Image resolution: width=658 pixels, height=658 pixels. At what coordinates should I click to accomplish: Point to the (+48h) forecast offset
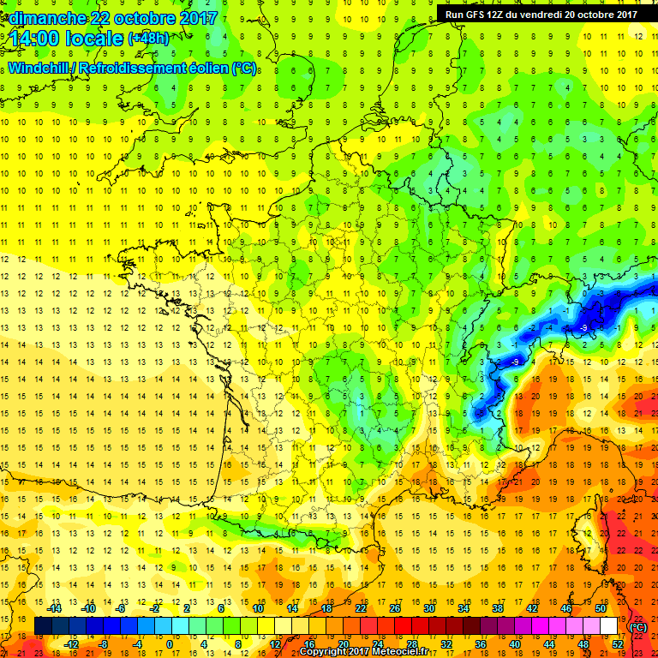coord(148,39)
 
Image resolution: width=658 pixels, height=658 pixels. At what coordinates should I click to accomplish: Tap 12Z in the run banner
coord(502,14)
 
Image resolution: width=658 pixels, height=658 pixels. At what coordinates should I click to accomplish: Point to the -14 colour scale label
coord(54,607)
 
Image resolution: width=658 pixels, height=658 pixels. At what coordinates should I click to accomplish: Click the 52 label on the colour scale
coord(617,645)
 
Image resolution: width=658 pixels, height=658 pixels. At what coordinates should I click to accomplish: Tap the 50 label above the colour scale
coord(600,607)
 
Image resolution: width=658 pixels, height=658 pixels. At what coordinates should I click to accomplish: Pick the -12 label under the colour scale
coord(71,645)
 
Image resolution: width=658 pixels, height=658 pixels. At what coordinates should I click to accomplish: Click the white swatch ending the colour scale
coord(608,626)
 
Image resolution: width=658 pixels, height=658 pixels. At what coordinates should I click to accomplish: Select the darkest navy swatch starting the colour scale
coord(43,626)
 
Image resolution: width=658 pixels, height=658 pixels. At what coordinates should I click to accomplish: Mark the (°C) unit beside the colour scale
coord(637,627)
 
